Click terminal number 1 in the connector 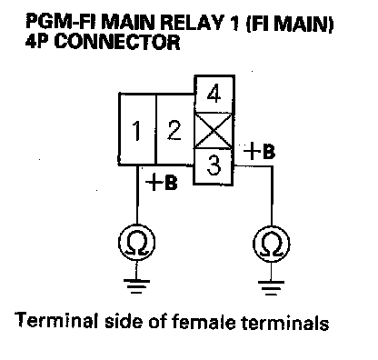click(x=137, y=129)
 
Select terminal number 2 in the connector click(x=174, y=129)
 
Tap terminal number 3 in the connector click(x=214, y=166)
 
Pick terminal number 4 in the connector click(x=214, y=95)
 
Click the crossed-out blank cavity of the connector click(x=214, y=131)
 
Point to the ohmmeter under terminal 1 click(x=136, y=243)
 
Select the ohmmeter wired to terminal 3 click(x=271, y=244)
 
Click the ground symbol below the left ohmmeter click(x=136, y=286)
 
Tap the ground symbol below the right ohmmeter click(x=271, y=288)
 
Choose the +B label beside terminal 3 click(x=260, y=151)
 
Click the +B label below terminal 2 click(x=162, y=183)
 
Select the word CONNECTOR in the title click(x=117, y=42)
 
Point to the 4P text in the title click(x=36, y=42)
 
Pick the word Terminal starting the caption click(x=56, y=320)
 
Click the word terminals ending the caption click(x=285, y=323)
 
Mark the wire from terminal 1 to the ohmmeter click(x=137, y=195)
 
